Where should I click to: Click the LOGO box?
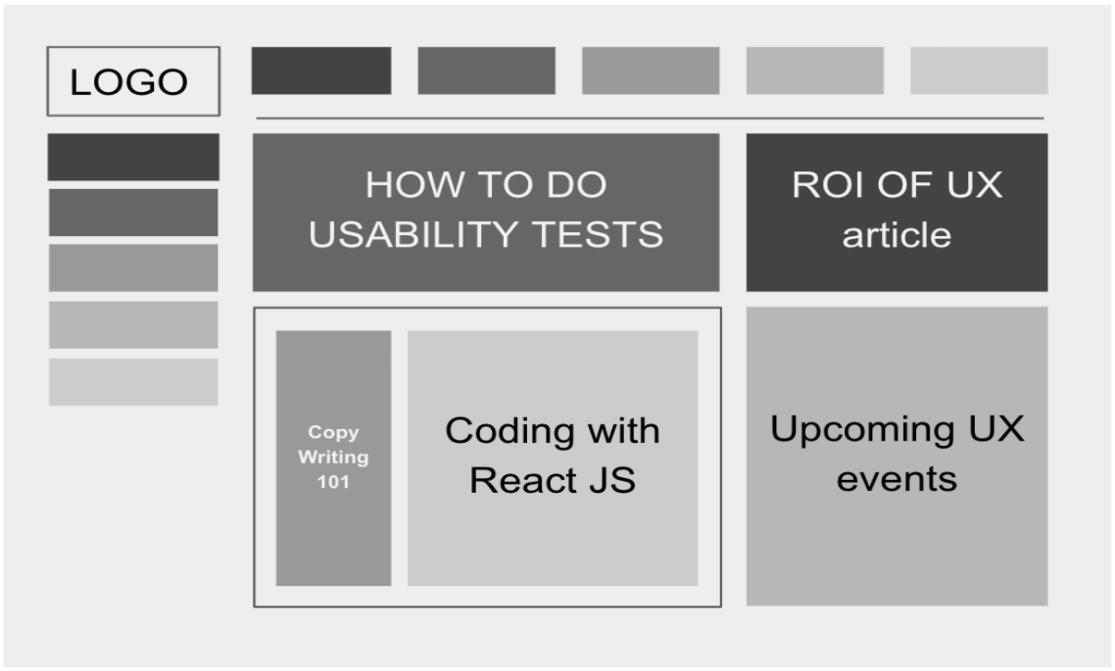coord(133,81)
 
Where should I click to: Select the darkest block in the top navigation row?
coord(321,71)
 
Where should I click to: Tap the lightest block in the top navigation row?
coord(979,71)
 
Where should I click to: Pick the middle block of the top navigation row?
coord(651,71)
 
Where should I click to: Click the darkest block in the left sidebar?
coord(133,157)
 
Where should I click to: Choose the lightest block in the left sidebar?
coord(133,382)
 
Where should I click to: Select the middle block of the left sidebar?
coord(133,268)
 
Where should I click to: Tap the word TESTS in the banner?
coord(598,234)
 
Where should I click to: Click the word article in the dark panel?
coord(897,235)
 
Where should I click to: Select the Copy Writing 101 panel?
coord(333,457)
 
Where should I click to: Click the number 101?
coord(333,482)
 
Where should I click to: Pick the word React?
coord(522,480)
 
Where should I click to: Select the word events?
coord(897,478)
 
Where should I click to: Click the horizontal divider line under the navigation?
coord(650,118)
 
